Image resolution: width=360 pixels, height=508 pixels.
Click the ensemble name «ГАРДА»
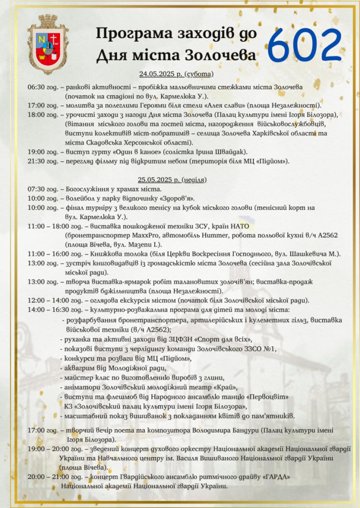pos(275,477)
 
